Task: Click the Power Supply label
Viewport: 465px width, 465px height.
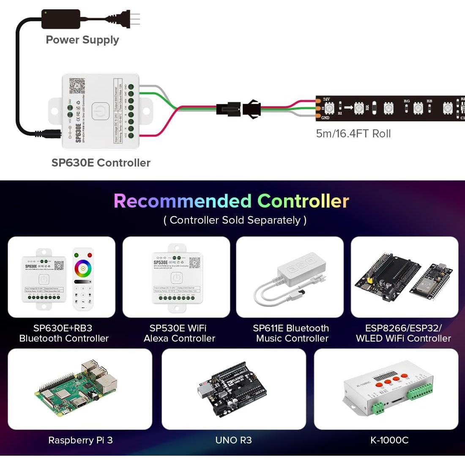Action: [x=82, y=40]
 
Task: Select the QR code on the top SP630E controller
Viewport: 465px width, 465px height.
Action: [x=77, y=86]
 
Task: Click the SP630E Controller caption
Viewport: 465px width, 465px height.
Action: [x=101, y=163]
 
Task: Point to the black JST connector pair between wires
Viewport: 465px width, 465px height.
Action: [x=238, y=109]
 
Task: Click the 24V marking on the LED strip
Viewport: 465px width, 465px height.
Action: [x=326, y=99]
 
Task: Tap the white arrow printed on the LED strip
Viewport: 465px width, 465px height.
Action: [x=348, y=107]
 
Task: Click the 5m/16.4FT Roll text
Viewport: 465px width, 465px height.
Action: [x=353, y=134]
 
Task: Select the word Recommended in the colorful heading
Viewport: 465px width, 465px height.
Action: [x=183, y=201]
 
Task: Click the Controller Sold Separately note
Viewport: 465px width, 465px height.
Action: [x=235, y=220]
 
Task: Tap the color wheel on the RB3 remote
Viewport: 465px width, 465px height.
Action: [x=83, y=268]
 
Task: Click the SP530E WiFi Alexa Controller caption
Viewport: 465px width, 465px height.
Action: [x=179, y=333]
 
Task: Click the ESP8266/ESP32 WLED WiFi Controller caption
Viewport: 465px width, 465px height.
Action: [x=403, y=333]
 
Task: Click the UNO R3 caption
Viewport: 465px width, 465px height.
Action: [x=233, y=440]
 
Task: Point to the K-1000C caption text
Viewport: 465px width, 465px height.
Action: [x=389, y=440]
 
